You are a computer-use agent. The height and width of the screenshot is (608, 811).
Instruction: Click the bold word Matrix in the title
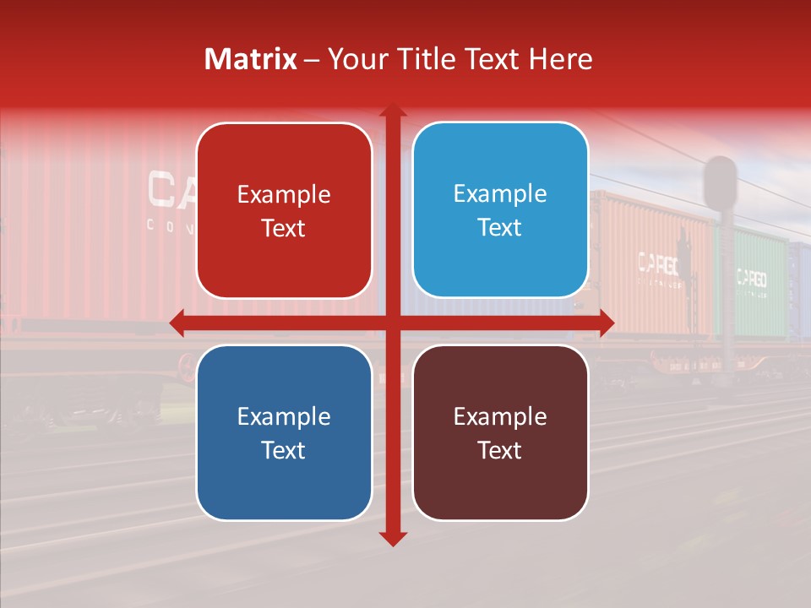pos(251,59)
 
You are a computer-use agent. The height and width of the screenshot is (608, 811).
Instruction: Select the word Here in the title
pos(561,59)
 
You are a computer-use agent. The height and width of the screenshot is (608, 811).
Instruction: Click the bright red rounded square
pos(284,211)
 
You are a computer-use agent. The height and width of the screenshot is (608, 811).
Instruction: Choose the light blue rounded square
pos(500,210)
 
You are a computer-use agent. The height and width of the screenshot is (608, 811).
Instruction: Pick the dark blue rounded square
pos(284,432)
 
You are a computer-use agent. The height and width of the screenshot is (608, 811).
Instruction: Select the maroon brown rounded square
pos(500,432)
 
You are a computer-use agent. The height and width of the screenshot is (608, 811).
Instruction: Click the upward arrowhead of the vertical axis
pos(393,112)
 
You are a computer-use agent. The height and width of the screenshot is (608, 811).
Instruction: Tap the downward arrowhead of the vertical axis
pos(393,538)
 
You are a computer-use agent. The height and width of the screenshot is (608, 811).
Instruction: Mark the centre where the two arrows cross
pos(393,323)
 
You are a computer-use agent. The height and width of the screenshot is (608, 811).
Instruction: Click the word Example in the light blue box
pos(500,194)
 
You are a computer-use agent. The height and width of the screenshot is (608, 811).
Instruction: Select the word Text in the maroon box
pos(500,450)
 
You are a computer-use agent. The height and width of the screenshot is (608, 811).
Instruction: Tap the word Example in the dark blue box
pos(284,416)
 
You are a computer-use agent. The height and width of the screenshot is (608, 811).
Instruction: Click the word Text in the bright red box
pos(284,228)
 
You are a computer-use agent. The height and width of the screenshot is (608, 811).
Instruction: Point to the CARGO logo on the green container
pos(751,278)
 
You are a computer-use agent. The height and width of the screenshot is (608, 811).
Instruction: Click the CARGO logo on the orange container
pos(657,264)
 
